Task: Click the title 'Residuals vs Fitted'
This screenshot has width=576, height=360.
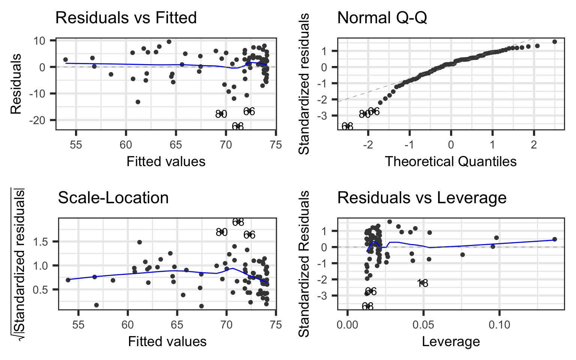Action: (x=126, y=18)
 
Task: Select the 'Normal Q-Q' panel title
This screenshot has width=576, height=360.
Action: (x=382, y=18)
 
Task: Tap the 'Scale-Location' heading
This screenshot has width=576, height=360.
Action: (x=113, y=198)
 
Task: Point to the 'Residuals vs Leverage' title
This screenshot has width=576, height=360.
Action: (x=422, y=198)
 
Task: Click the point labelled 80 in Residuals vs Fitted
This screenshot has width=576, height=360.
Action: (x=221, y=114)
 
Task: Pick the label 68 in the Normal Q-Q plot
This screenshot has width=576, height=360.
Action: (x=347, y=126)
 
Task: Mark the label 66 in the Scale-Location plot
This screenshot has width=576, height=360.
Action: (x=249, y=235)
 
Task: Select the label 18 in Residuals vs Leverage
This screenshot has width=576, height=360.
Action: (x=423, y=283)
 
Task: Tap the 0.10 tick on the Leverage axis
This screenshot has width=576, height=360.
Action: (x=499, y=324)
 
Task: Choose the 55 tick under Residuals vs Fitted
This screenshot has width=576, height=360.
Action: (x=76, y=145)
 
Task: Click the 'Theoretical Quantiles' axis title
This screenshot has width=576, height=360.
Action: (x=451, y=161)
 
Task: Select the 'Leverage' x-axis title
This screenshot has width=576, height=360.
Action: (x=451, y=341)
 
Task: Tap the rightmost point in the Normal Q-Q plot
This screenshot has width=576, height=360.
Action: (x=555, y=42)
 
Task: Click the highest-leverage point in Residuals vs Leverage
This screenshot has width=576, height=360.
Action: (x=555, y=239)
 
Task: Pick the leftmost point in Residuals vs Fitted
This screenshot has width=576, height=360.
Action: (x=66, y=60)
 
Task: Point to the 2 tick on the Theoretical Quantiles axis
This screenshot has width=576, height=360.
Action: (x=534, y=145)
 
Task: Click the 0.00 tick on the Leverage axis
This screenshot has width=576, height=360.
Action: (x=347, y=324)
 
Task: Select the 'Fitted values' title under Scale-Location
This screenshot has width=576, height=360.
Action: (x=167, y=341)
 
